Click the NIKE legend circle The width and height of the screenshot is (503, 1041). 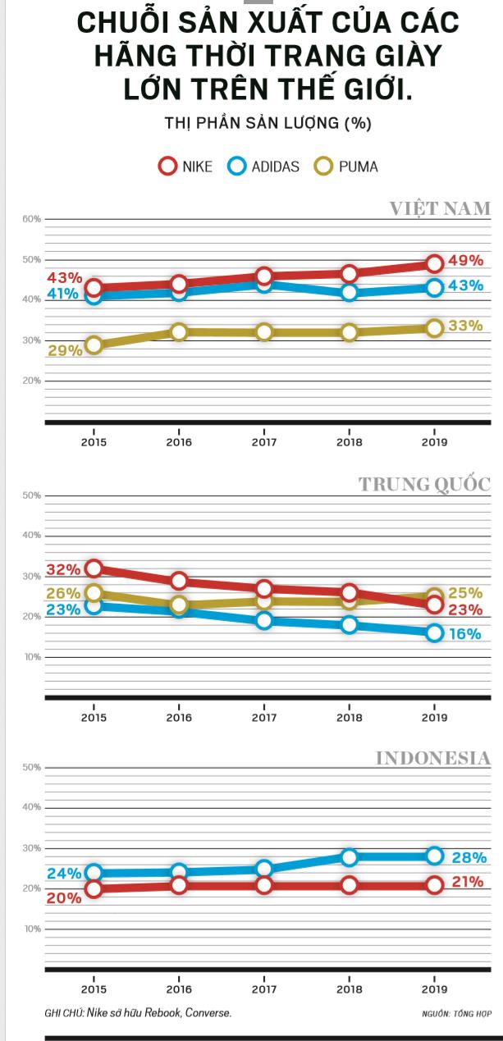pyautogui.click(x=168, y=167)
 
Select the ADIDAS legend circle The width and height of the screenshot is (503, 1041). pyautogui.click(x=237, y=167)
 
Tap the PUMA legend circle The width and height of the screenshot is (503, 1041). pyautogui.click(x=324, y=167)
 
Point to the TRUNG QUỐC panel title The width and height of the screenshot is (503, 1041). pyautogui.click(x=424, y=484)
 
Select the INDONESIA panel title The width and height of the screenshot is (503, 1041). pyautogui.click(x=432, y=758)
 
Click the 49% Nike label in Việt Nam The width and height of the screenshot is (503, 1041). pyautogui.click(x=465, y=261)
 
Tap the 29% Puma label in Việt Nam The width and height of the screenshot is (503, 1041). pyautogui.click(x=65, y=350)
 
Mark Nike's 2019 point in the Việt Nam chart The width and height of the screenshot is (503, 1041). pyautogui.click(x=434, y=263)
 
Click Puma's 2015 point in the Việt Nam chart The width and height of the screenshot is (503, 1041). pyautogui.click(x=94, y=345)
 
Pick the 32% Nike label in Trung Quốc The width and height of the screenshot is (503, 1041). pyautogui.click(x=63, y=569)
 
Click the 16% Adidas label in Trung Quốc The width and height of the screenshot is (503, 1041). pyautogui.click(x=464, y=634)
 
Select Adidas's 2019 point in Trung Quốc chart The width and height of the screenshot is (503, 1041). pyautogui.click(x=434, y=632)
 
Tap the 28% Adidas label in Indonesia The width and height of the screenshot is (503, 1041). pyautogui.click(x=469, y=858)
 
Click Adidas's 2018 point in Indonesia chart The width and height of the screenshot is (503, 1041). pyautogui.click(x=349, y=857)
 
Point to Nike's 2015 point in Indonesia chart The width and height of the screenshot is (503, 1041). pyautogui.click(x=94, y=889)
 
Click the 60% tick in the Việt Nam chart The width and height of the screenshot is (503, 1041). pyautogui.click(x=31, y=219)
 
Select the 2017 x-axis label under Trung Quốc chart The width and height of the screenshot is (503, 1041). pyautogui.click(x=263, y=718)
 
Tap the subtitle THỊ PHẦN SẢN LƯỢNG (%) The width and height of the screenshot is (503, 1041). pyautogui.click(x=268, y=124)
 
